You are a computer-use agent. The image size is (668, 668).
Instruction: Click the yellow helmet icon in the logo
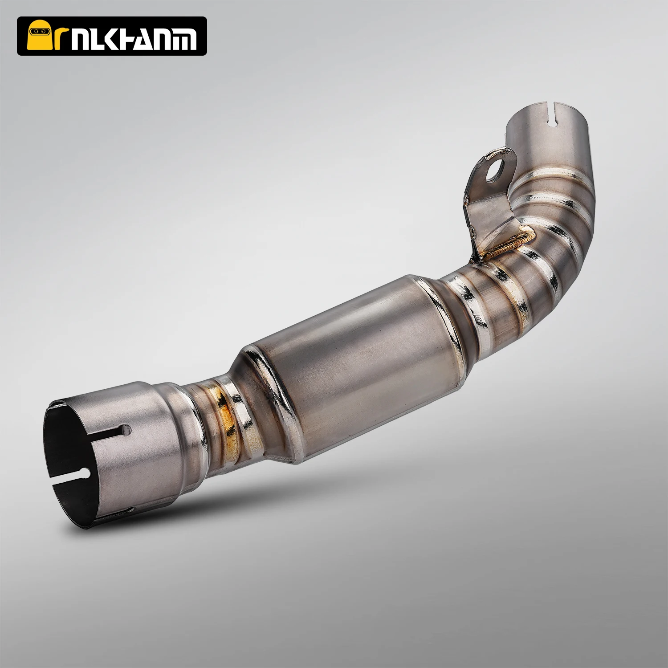tap(38, 37)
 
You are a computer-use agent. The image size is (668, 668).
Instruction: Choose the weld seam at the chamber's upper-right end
tap(434, 312)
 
